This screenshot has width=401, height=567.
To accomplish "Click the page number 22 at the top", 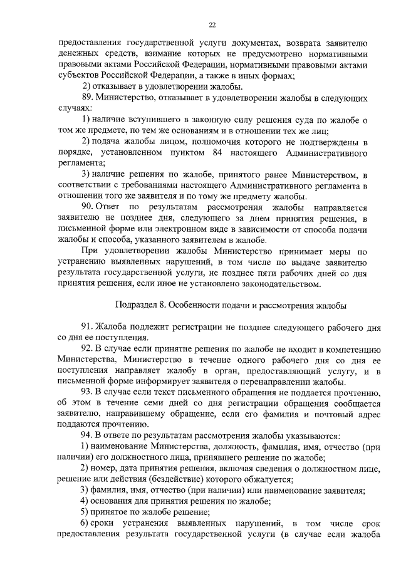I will [x=212, y=24].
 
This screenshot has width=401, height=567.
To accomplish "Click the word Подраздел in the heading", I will [x=137, y=304].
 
